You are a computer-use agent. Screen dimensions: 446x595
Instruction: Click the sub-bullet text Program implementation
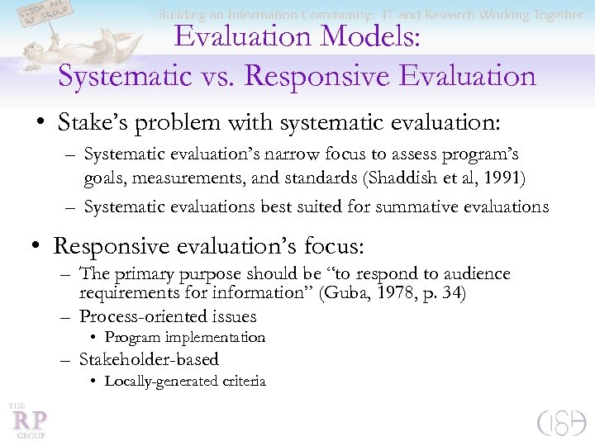coord(184,337)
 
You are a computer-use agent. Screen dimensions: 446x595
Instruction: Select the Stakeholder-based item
coord(149,359)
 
